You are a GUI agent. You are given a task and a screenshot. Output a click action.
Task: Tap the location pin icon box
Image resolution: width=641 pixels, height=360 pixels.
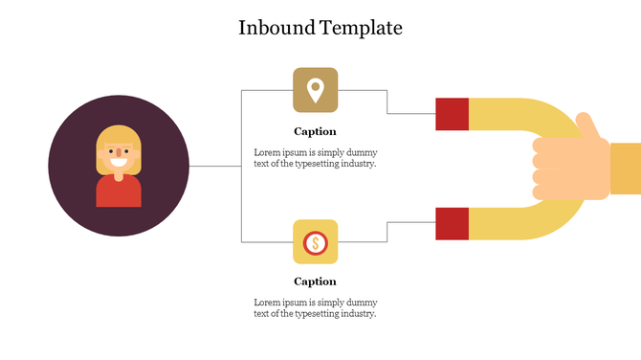click(315, 90)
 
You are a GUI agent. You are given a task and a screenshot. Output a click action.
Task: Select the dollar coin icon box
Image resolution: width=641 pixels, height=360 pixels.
click(315, 241)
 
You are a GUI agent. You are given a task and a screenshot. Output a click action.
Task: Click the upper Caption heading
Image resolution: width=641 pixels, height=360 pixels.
click(315, 131)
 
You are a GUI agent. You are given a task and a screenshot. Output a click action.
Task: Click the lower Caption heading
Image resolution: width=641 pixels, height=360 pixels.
click(315, 281)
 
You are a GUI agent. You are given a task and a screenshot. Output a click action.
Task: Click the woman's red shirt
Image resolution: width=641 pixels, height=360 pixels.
click(119, 193)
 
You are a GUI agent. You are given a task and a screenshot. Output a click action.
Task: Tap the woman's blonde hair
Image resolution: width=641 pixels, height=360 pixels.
click(119, 134)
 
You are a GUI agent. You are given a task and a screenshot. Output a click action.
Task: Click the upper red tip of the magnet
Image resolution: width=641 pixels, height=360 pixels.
click(452, 114)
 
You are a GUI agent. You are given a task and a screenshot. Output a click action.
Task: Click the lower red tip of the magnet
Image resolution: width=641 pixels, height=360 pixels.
click(452, 223)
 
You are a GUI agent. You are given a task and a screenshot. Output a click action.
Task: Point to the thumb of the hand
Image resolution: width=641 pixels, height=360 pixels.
click(586, 125)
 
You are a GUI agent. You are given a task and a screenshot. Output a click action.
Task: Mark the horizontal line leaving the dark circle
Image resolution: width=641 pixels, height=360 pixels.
click(214, 167)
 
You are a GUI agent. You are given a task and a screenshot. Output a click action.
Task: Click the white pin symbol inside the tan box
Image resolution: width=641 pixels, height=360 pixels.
click(315, 89)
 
